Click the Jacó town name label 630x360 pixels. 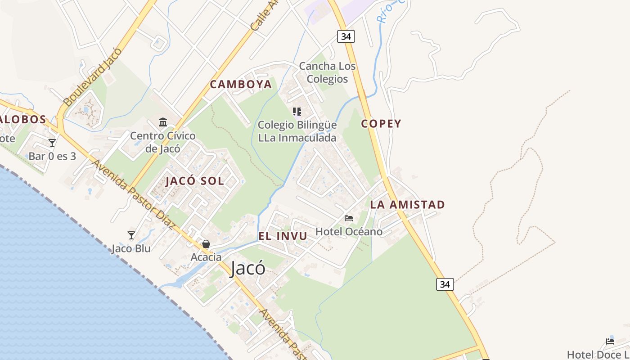(247, 269)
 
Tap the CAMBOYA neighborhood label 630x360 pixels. (241, 84)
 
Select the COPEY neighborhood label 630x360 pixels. (381, 124)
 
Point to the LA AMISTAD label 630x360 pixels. (407, 205)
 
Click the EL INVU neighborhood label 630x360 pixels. (283, 236)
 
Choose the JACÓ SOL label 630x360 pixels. (194, 181)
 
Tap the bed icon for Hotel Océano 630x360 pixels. (349, 218)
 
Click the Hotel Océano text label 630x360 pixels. (349, 232)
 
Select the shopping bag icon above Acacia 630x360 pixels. (206, 244)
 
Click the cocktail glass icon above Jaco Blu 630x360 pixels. (131, 235)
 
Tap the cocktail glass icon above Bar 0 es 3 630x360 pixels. (52, 143)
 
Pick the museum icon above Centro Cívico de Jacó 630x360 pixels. (163, 122)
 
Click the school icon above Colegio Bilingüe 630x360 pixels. (297, 111)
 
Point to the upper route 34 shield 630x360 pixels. (346, 36)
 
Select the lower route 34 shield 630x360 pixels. (445, 284)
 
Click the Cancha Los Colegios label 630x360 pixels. (327, 72)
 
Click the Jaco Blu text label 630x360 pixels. (131, 248)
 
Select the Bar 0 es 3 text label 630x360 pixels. (52, 156)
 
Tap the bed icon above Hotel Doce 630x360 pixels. (610, 341)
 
